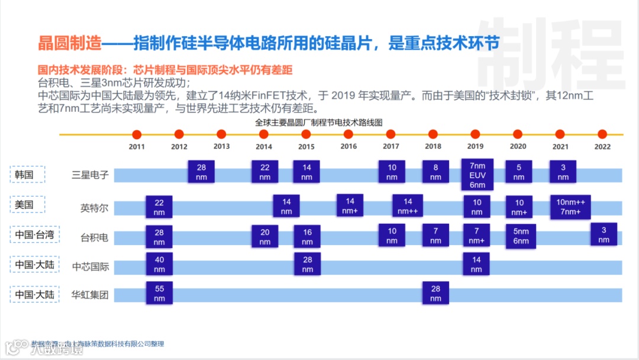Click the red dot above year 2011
coord(137,134)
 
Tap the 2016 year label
coord(348,147)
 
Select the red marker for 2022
coord(602,134)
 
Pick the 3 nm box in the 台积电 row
coord(603,234)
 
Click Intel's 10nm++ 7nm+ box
coord(570,207)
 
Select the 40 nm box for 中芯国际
coord(159,264)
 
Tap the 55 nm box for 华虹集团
coord(159,294)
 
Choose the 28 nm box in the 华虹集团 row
coord(435,294)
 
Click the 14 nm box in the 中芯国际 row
coord(476,264)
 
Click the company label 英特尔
coord(94,208)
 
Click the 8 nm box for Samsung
coord(435,172)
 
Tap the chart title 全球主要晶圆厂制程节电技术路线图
coord(319,123)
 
